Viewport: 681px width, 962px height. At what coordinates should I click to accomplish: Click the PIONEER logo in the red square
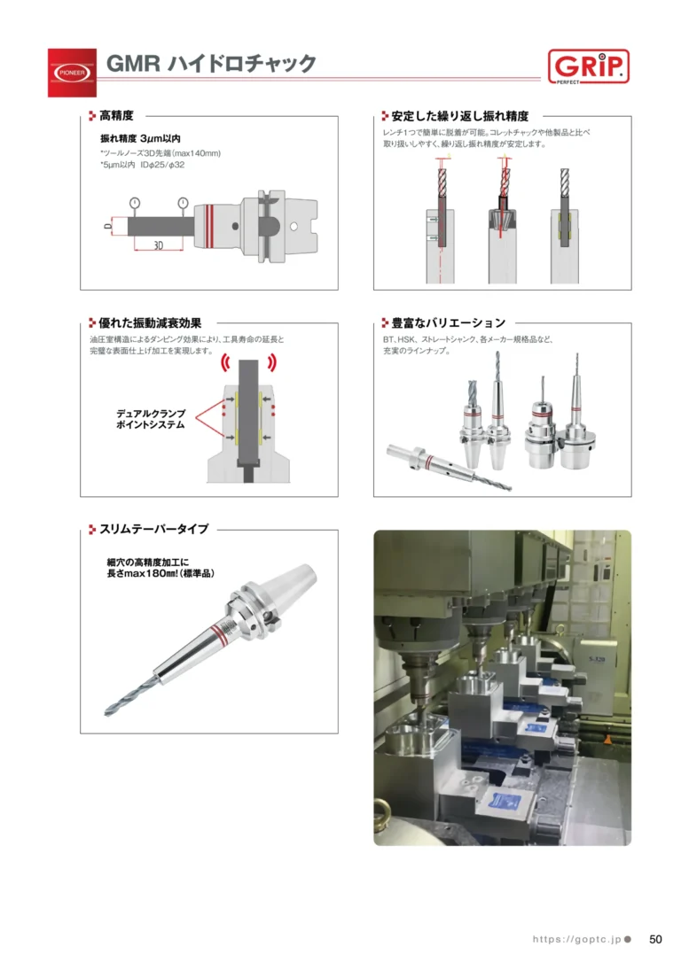(x=73, y=73)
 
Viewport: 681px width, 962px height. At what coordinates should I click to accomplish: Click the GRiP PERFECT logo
(x=588, y=66)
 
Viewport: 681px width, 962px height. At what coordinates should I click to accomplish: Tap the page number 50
(x=655, y=939)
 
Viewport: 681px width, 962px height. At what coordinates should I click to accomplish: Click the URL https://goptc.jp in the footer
(x=576, y=939)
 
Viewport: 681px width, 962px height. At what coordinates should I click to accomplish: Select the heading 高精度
(x=116, y=115)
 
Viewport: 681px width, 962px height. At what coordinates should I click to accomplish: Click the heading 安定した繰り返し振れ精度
(x=460, y=115)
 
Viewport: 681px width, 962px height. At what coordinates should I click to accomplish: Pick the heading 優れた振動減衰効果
(x=150, y=322)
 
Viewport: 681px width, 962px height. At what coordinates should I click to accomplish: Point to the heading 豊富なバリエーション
(x=449, y=322)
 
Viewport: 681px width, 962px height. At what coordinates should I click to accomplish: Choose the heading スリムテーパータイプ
(x=154, y=529)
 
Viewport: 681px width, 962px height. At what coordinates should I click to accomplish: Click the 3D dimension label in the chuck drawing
(x=159, y=245)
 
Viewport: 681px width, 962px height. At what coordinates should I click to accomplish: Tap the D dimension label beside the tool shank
(x=108, y=227)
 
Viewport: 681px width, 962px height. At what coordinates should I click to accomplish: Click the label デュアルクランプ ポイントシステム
(x=151, y=419)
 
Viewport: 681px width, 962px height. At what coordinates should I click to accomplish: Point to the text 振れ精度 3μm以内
(x=141, y=139)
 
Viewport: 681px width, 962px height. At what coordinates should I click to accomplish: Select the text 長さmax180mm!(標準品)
(x=160, y=574)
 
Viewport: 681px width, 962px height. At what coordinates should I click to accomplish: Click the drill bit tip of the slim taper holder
(x=106, y=713)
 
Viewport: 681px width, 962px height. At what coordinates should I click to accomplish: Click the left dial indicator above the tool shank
(x=135, y=203)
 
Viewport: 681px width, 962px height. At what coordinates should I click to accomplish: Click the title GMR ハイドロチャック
(x=211, y=64)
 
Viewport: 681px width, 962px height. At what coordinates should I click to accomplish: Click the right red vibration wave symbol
(x=272, y=362)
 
